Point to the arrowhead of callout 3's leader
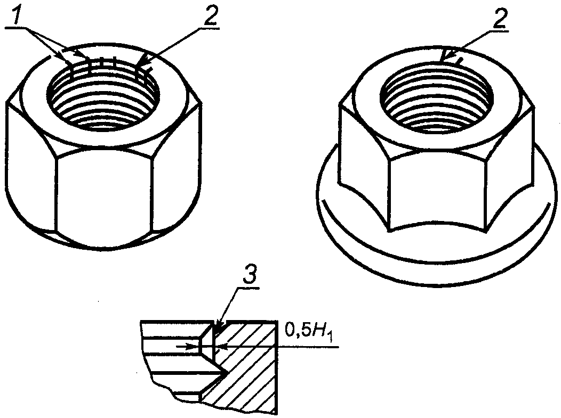pos(219,324)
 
